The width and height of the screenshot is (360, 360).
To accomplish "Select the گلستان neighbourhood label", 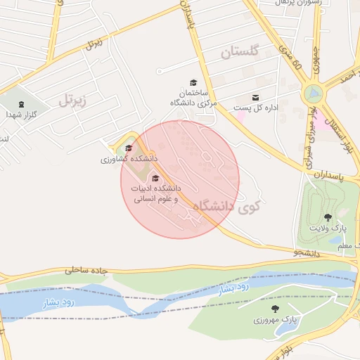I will point(240,51).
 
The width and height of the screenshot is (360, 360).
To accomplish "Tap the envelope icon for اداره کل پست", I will point(255,97).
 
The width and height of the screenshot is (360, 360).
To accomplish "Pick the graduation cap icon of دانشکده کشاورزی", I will point(128,148).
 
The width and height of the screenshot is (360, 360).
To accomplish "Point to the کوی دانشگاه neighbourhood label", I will point(226,206).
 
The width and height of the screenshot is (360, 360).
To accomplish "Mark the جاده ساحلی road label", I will point(89,269).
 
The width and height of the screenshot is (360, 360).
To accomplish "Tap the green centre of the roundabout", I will point(313,93).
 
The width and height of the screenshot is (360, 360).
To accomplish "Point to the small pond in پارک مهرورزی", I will point(288,327).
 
